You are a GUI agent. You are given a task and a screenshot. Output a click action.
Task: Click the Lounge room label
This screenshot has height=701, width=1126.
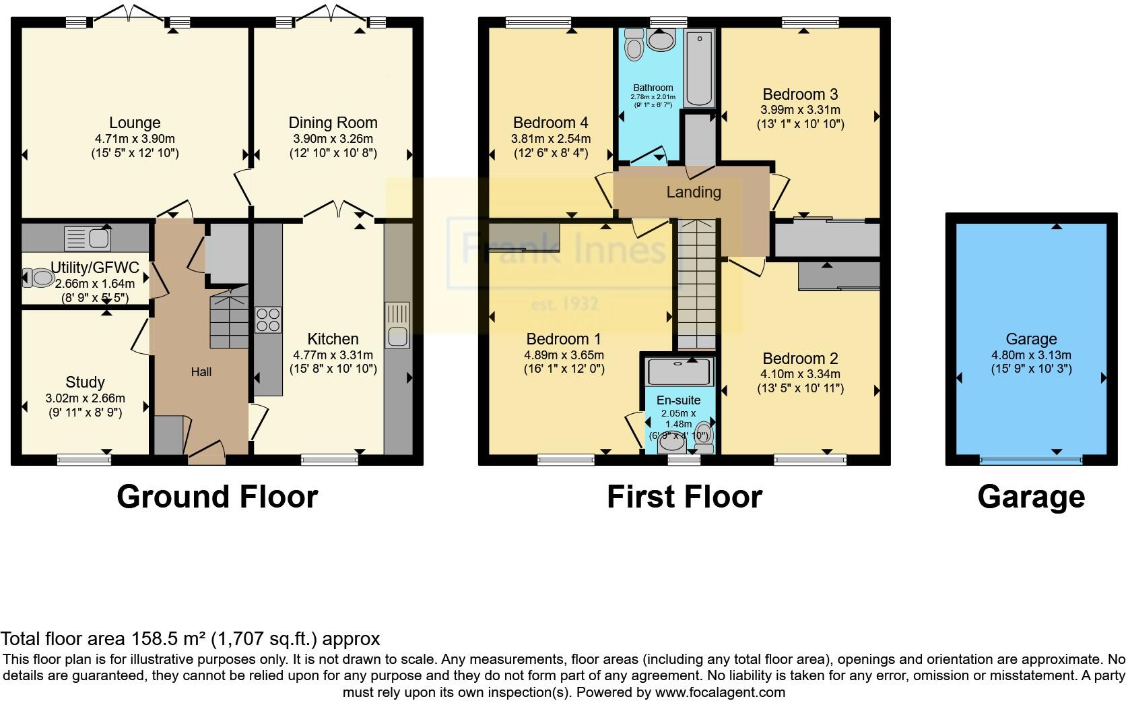(135, 123)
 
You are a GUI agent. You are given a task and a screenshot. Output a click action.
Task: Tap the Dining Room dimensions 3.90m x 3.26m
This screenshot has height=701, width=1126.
(333, 139)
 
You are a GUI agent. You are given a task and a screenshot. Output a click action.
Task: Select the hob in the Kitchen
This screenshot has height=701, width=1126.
(268, 320)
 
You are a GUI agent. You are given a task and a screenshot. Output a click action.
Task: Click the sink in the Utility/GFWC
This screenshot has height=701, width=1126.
(88, 238)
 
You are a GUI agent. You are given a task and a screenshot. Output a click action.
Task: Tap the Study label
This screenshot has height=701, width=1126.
(85, 382)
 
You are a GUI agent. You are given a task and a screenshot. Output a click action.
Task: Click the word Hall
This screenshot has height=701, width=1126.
(201, 371)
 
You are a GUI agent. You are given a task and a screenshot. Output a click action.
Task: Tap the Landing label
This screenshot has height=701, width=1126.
(694, 192)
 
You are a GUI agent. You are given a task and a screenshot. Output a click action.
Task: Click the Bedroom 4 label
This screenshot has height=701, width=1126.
(550, 123)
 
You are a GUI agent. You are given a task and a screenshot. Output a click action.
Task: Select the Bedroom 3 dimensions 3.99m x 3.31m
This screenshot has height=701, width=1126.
(800, 110)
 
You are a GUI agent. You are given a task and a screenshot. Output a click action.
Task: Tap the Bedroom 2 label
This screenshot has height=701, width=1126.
(800, 359)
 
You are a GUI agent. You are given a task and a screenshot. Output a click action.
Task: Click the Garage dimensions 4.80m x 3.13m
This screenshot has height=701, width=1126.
(1031, 355)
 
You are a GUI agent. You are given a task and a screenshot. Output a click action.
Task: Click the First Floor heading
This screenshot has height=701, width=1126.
(684, 497)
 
